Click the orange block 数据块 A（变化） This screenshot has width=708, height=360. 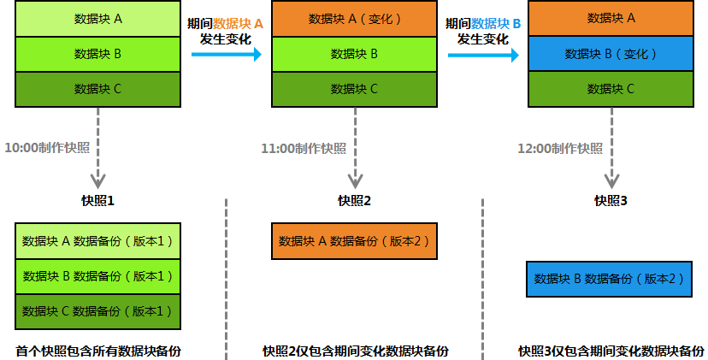tap(354, 19)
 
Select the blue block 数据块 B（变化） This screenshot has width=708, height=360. tap(611, 54)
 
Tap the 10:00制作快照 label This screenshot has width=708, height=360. tap(47, 148)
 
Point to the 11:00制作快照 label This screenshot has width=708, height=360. tap(304, 148)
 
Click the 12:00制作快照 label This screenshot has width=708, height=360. tap(560, 148)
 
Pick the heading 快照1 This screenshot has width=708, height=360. tap(97, 201)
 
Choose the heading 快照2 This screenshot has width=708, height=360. tap(354, 201)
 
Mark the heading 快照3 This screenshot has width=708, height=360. tap(611, 201)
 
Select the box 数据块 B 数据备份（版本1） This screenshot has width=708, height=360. tap(97, 275)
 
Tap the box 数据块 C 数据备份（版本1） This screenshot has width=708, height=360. tap(97, 310)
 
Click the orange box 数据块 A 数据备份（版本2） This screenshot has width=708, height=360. tap(354, 240)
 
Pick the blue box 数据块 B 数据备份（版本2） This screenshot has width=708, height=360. tap(609, 279)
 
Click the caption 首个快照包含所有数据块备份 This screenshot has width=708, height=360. tap(97, 351)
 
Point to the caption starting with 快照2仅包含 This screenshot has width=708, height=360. tap(356, 351)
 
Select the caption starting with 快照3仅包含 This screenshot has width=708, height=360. tap(611, 351)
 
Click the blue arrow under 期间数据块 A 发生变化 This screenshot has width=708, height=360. tap(226, 54)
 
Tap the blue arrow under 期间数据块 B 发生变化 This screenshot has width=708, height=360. tap(482, 54)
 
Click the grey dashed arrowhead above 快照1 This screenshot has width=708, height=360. tap(97, 179)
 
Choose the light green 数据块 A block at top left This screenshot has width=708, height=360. tap(97, 19)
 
